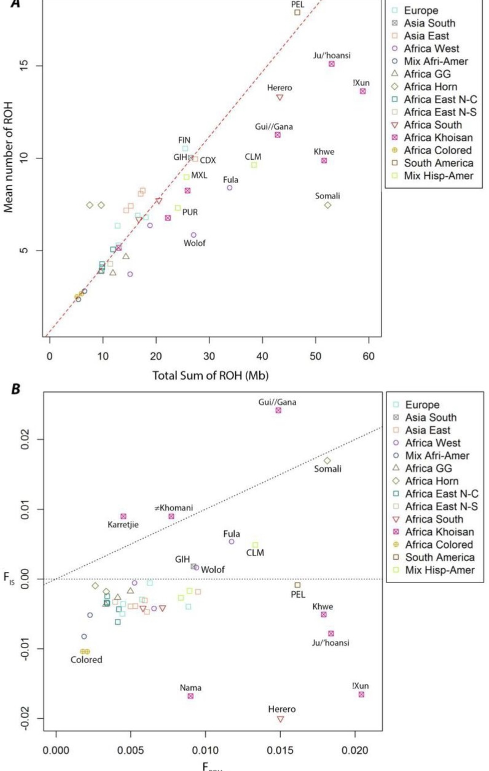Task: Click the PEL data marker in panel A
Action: pyautogui.click(x=297, y=13)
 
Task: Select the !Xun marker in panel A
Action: pyautogui.click(x=363, y=91)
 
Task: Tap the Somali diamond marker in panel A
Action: pyautogui.click(x=328, y=205)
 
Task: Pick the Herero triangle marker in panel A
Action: pyautogui.click(x=280, y=98)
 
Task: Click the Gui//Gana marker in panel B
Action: pyautogui.click(x=278, y=410)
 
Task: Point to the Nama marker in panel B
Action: pyautogui.click(x=191, y=696)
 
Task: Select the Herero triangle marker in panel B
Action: pyautogui.click(x=281, y=719)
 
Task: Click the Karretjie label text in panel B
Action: pyautogui.click(x=123, y=525)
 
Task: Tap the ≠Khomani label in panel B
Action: pyautogui.click(x=174, y=508)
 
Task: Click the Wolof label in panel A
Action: pyautogui.click(x=195, y=243)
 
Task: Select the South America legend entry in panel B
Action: pyautogui.click(x=440, y=557)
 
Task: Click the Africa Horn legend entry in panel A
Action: pyautogui.click(x=430, y=87)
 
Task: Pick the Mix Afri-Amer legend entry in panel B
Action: pyautogui.click(x=437, y=456)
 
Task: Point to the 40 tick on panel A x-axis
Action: pyautogui.click(x=262, y=356)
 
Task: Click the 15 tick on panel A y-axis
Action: pyautogui.click(x=26, y=66)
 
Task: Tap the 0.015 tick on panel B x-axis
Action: pyautogui.click(x=280, y=750)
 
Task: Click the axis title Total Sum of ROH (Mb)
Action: pyautogui.click(x=211, y=376)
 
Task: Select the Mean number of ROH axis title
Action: pyautogui.click(x=8, y=157)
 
